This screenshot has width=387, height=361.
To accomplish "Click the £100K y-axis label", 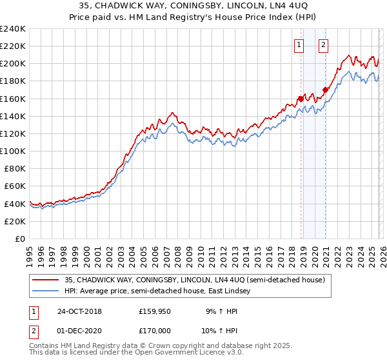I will click(x=13, y=151).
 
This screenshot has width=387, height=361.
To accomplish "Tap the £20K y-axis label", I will click(x=15, y=221).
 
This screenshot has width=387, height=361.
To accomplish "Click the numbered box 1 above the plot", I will click(x=300, y=45).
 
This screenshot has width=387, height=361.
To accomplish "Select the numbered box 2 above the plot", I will click(x=323, y=45).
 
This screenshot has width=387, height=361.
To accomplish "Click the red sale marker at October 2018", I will click(x=301, y=99).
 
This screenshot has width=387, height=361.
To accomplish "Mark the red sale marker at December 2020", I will click(x=325, y=90).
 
